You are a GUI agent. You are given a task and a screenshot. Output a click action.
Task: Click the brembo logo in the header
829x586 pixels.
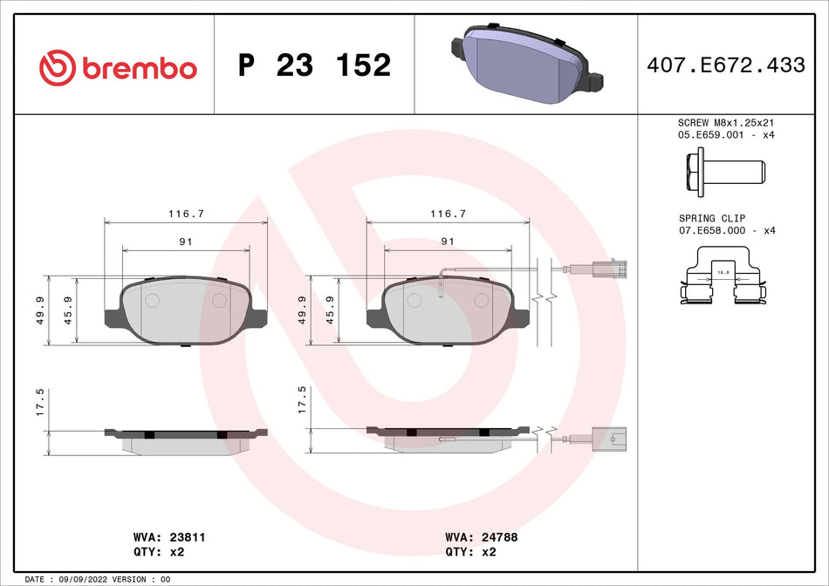(x=118, y=67)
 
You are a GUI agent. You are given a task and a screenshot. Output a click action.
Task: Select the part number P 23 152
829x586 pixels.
(x=314, y=65)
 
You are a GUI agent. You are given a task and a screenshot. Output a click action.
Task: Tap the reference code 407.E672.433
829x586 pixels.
(x=725, y=65)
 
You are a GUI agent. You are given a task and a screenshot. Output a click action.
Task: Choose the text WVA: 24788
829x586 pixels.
(x=481, y=538)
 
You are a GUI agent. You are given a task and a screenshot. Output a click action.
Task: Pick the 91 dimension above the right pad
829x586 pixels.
(x=448, y=241)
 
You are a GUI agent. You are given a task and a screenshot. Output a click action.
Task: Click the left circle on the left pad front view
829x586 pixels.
(x=151, y=301)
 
